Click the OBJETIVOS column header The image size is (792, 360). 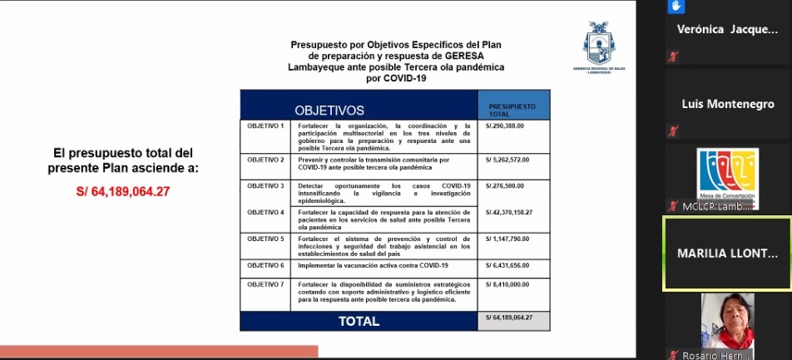tap(329, 110)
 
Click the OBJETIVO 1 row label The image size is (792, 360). tap(265, 126)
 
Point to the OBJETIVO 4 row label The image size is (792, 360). tap(265, 212)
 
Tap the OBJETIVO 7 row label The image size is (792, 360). tap(265, 284)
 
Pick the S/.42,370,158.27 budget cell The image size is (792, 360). tap(508, 212)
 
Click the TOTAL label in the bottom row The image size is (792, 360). tap(358, 320)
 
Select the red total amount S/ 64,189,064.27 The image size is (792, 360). tap(122, 192)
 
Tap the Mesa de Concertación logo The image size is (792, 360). tap(727, 174)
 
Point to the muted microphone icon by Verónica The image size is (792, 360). tap(674, 57)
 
